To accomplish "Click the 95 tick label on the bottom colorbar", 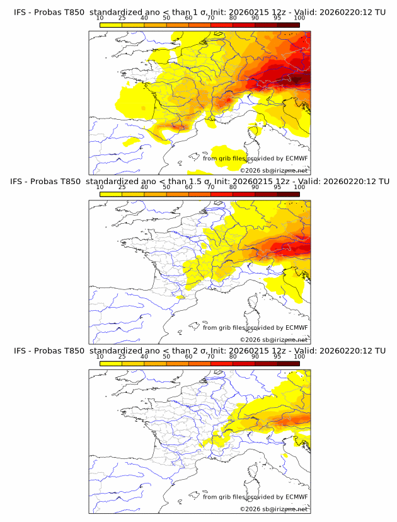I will pos(277,357).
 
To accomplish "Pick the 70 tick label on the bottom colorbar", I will pos(210,357).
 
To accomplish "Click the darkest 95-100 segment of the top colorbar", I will pos(288,26).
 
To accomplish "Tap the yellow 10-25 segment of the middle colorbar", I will pos(111,194).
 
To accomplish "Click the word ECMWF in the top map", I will pos(297,158).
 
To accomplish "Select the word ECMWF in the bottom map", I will pos(297,497).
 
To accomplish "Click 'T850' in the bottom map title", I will pos(74,351).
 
